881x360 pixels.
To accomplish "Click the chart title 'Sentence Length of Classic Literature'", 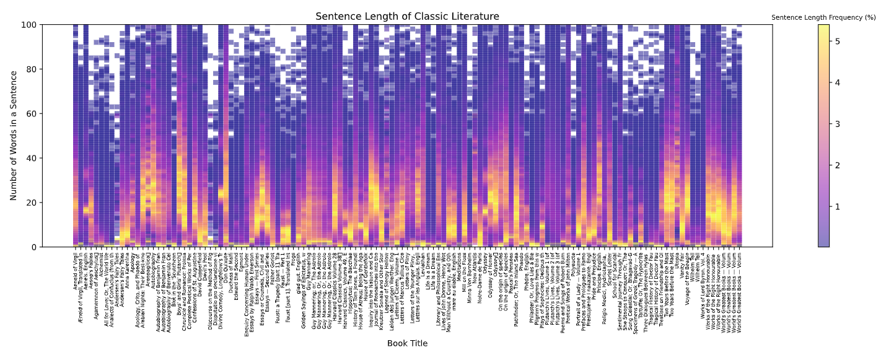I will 407,17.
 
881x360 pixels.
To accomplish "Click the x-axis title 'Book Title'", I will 407,343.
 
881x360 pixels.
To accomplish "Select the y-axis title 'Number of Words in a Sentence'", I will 14,136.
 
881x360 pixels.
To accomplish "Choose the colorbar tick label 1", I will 838,206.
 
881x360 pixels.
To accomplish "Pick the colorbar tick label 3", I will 838,124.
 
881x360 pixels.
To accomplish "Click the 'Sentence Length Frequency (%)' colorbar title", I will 823,17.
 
